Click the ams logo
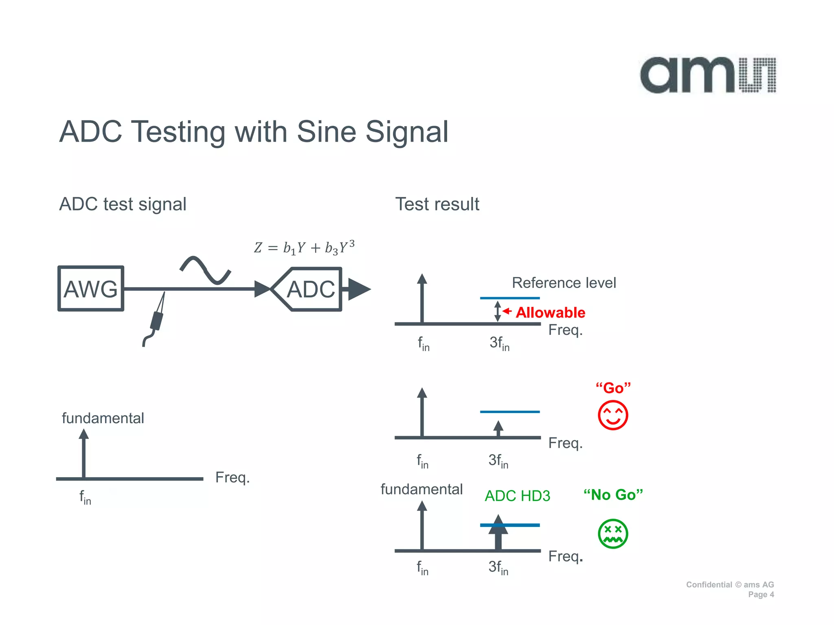click(x=708, y=75)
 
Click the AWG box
click(x=91, y=289)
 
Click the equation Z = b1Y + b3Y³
click(x=304, y=247)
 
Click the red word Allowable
click(x=550, y=312)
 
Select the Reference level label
click(x=564, y=283)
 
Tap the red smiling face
click(x=612, y=415)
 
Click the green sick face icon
click(x=612, y=533)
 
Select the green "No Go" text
click(x=613, y=495)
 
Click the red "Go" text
click(x=613, y=388)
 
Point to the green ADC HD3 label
click(x=517, y=496)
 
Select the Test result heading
click(x=437, y=204)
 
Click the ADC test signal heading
click(x=123, y=204)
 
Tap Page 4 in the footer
click(x=761, y=594)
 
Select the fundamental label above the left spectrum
click(x=103, y=418)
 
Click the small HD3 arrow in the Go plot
click(x=498, y=428)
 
